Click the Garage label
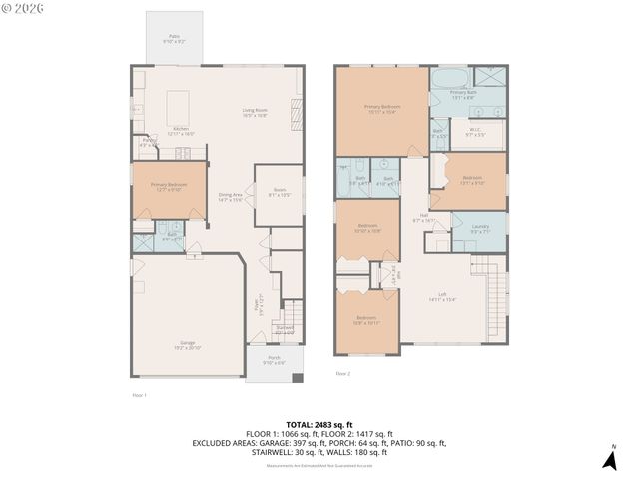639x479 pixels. (x=188, y=345)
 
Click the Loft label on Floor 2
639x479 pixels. (x=442, y=296)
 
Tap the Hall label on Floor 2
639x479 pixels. (x=423, y=217)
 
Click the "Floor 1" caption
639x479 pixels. (x=139, y=395)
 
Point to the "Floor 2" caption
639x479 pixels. (x=342, y=374)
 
